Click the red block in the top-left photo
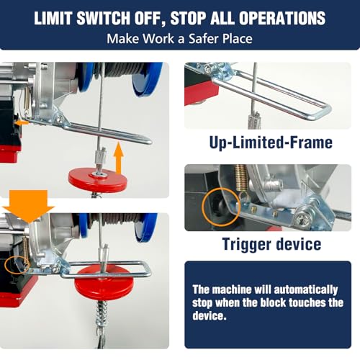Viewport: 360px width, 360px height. pyautogui.click(x=108, y=178)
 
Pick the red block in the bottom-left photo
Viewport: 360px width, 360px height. pyautogui.click(x=108, y=280)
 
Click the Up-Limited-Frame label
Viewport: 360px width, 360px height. pyautogui.click(x=271, y=142)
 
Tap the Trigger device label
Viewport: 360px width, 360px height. pyautogui.click(x=271, y=244)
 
